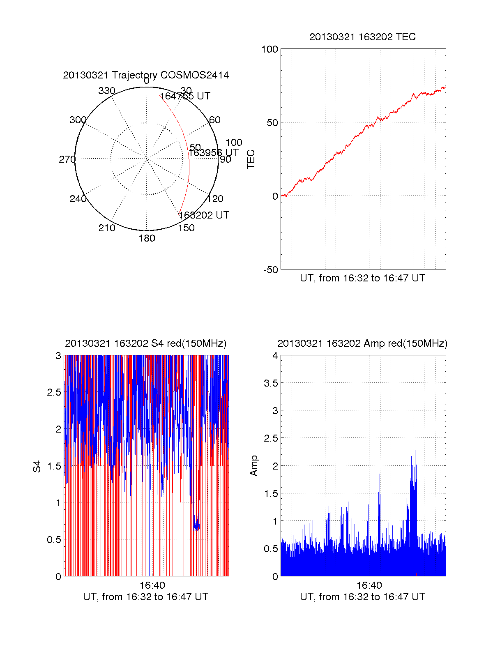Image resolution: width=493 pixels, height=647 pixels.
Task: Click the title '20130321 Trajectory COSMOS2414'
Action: pos(146,75)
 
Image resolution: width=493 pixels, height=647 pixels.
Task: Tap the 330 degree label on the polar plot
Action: pos(107,91)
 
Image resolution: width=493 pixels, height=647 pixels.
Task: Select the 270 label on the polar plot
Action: pos(67,159)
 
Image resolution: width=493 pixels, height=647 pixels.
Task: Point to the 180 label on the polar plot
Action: pos(147,238)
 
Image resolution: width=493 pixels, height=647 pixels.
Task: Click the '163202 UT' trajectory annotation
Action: pos(204,215)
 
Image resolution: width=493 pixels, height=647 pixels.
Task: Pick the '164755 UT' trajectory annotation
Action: pos(185,96)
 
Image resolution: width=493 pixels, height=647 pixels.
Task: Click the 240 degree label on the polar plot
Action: pos(78,199)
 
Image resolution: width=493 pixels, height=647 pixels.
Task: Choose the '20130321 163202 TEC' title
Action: pos(362,37)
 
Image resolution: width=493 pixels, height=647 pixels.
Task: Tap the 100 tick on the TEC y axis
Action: pos(270,49)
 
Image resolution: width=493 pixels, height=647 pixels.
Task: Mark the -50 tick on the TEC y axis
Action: pos(271,270)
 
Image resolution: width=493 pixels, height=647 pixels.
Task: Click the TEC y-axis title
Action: pos(251,159)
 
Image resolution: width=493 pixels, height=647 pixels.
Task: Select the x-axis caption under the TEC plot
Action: pos(362,278)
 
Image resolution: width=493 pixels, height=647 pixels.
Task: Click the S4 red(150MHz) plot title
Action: pos(146,343)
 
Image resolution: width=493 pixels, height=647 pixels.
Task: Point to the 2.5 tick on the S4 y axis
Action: pos(54,392)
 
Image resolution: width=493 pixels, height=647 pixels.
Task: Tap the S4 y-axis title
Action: pos(37,466)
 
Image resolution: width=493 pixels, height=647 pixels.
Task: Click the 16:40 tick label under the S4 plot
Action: pos(152,585)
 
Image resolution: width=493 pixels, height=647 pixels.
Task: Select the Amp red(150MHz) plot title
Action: pos(362,343)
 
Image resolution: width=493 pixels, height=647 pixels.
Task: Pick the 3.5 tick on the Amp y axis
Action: pos(271,383)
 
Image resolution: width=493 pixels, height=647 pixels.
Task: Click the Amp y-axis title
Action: pos(254,466)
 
